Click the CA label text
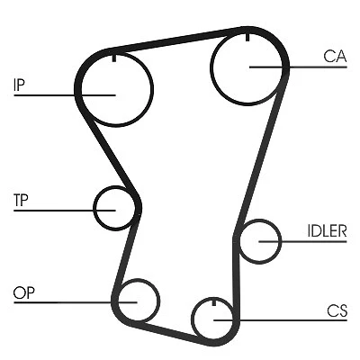(335, 56)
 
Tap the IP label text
(19, 85)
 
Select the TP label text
(21, 200)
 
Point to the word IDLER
(327, 230)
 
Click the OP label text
(23, 292)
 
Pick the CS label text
(337, 310)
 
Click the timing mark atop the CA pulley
(247, 36)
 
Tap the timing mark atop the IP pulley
(114, 58)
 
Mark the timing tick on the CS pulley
(214, 302)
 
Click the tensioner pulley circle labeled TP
(94, 208)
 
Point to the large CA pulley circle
(211, 67)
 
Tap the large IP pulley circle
(153, 88)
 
